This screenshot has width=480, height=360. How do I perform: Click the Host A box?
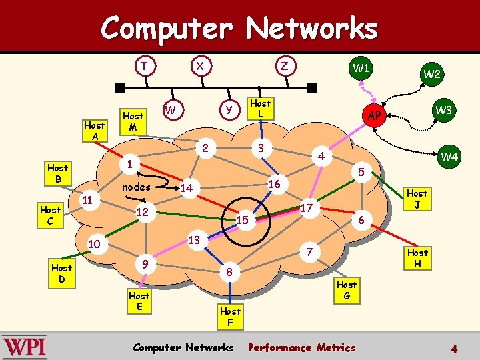coord(94,130)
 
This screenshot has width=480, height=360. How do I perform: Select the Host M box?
coord(133,121)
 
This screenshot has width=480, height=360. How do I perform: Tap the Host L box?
coord(260,108)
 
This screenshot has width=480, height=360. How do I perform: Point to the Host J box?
coord(417,199)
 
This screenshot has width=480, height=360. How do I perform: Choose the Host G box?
coord(346,289)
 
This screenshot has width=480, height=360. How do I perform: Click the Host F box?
coord(230,316)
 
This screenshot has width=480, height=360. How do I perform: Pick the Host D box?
coord(62,273)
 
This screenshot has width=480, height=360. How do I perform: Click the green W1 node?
coord(361,68)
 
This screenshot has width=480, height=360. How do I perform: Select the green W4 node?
coord(450,157)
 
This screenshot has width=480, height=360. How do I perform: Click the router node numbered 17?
coord(307,208)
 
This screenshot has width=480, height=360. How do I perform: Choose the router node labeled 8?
coord(229,271)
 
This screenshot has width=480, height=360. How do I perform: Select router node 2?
coord(207,147)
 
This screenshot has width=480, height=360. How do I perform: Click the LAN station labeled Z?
coord(285,66)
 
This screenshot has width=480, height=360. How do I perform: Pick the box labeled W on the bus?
coord(171,109)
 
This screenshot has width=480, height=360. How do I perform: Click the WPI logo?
coord(25,347)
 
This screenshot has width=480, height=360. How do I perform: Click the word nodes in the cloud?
coord(136,187)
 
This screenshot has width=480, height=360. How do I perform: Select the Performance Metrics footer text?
coord(301,347)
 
